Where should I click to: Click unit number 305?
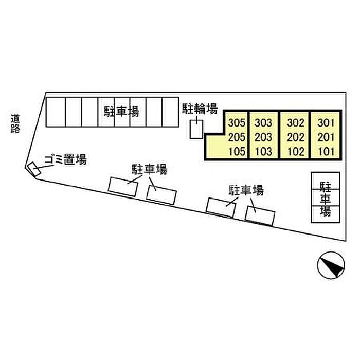237,123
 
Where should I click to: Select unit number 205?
237,137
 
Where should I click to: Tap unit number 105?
237,152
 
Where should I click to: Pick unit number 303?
263,123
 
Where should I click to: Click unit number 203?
263,137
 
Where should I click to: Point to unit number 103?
263,152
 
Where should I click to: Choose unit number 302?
296,123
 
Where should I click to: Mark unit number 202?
296,137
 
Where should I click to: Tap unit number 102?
296,152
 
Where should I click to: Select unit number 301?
326,123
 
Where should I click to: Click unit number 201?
326,137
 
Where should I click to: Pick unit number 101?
326,152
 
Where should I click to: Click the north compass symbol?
331,265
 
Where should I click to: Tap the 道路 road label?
15,124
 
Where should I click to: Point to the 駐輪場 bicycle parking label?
200,109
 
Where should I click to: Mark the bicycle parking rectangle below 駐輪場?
196,130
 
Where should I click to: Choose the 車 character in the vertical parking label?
326,198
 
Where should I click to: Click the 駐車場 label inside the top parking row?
122,112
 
